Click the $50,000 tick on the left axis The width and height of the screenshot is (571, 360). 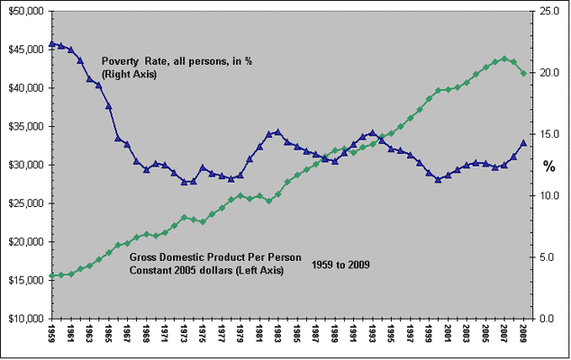coord(25,11)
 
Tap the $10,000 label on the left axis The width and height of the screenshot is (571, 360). coord(25,319)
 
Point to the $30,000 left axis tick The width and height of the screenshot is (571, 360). coord(25,165)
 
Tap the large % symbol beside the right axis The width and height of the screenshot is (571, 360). coord(548,166)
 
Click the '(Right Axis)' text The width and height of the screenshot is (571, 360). coord(130,74)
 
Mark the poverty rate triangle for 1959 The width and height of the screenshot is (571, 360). coord(51,43)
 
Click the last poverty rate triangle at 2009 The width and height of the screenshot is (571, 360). coord(524,142)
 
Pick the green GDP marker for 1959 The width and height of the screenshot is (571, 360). coord(51,275)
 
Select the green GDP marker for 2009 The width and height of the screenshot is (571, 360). coord(524,73)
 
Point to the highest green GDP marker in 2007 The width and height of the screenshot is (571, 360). coord(505,58)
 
